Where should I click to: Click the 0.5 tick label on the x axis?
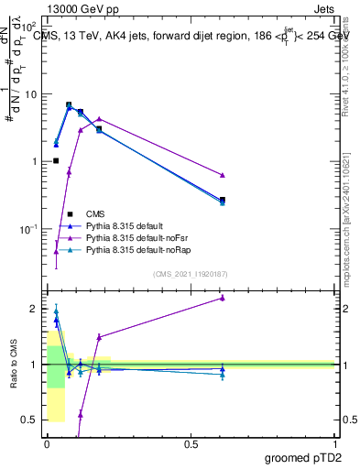[x=191, y=444]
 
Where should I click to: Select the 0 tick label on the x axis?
[x=46, y=444]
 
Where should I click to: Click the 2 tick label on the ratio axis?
[x=33, y=309]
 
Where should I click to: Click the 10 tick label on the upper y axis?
[x=30, y=94]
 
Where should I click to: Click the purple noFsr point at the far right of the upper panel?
[x=223, y=175]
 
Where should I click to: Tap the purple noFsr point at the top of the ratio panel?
[x=223, y=298]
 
